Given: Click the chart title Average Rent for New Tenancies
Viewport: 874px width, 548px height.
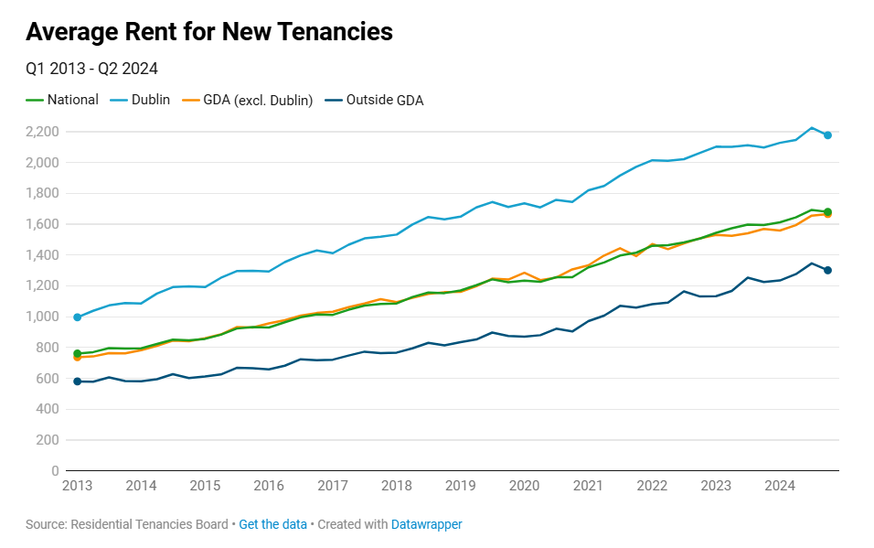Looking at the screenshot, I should click(x=209, y=32).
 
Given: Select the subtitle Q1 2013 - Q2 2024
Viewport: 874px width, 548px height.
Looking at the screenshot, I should click(x=92, y=69).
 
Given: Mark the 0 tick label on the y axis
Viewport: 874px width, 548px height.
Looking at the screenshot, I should click(x=55, y=471).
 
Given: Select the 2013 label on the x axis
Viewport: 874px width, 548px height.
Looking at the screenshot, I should click(x=77, y=486).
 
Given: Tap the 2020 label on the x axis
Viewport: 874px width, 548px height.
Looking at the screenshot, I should click(x=524, y=486).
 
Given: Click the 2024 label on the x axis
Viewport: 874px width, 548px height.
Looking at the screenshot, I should click(x=779, y=486).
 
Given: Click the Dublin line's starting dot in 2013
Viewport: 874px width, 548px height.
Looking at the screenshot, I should click(x=78, y=317).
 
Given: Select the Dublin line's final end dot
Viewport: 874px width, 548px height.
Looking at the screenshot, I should click(x=827, y=135).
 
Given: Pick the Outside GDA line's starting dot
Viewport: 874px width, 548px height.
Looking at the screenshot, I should click(x=78, y=381).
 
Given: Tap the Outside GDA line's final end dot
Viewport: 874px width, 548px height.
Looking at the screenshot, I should click(x=827, y=270).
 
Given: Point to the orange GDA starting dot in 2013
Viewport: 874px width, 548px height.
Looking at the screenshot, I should click(x=78, y=358).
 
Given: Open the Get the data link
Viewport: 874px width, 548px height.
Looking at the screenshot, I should click(x=272, y=524).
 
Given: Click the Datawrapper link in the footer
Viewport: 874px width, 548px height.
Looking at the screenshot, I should click(x=426, y=524).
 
